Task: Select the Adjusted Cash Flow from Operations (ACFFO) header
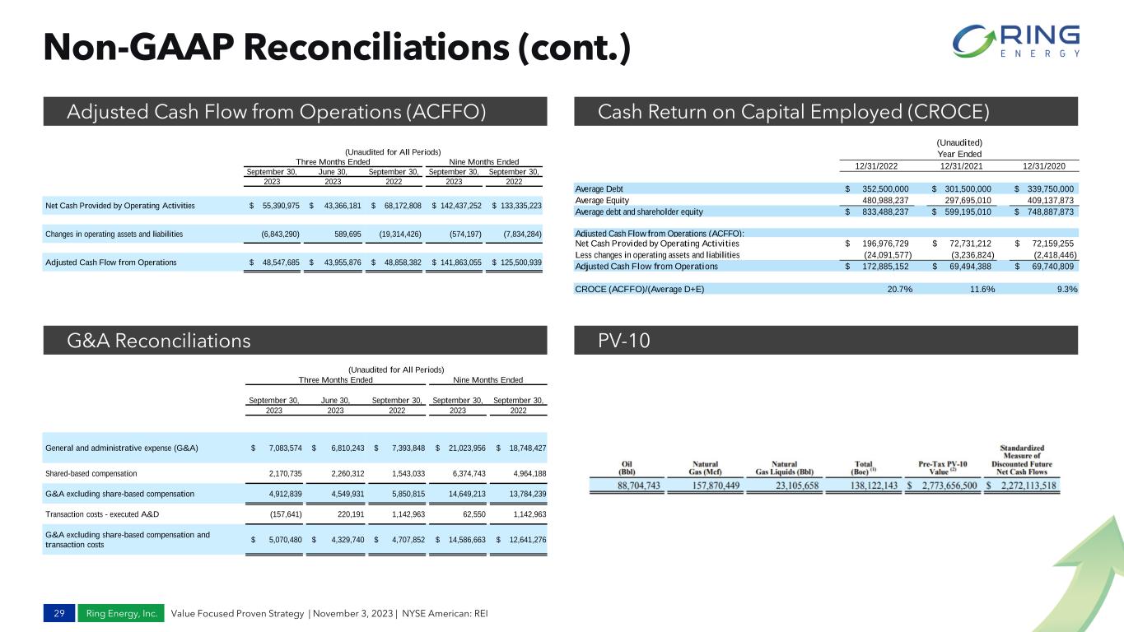(275, 111)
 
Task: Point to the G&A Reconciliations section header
(158, 340)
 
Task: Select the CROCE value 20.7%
(893, 289)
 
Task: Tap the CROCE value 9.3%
(1067, 289)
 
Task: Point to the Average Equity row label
(603, 198)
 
